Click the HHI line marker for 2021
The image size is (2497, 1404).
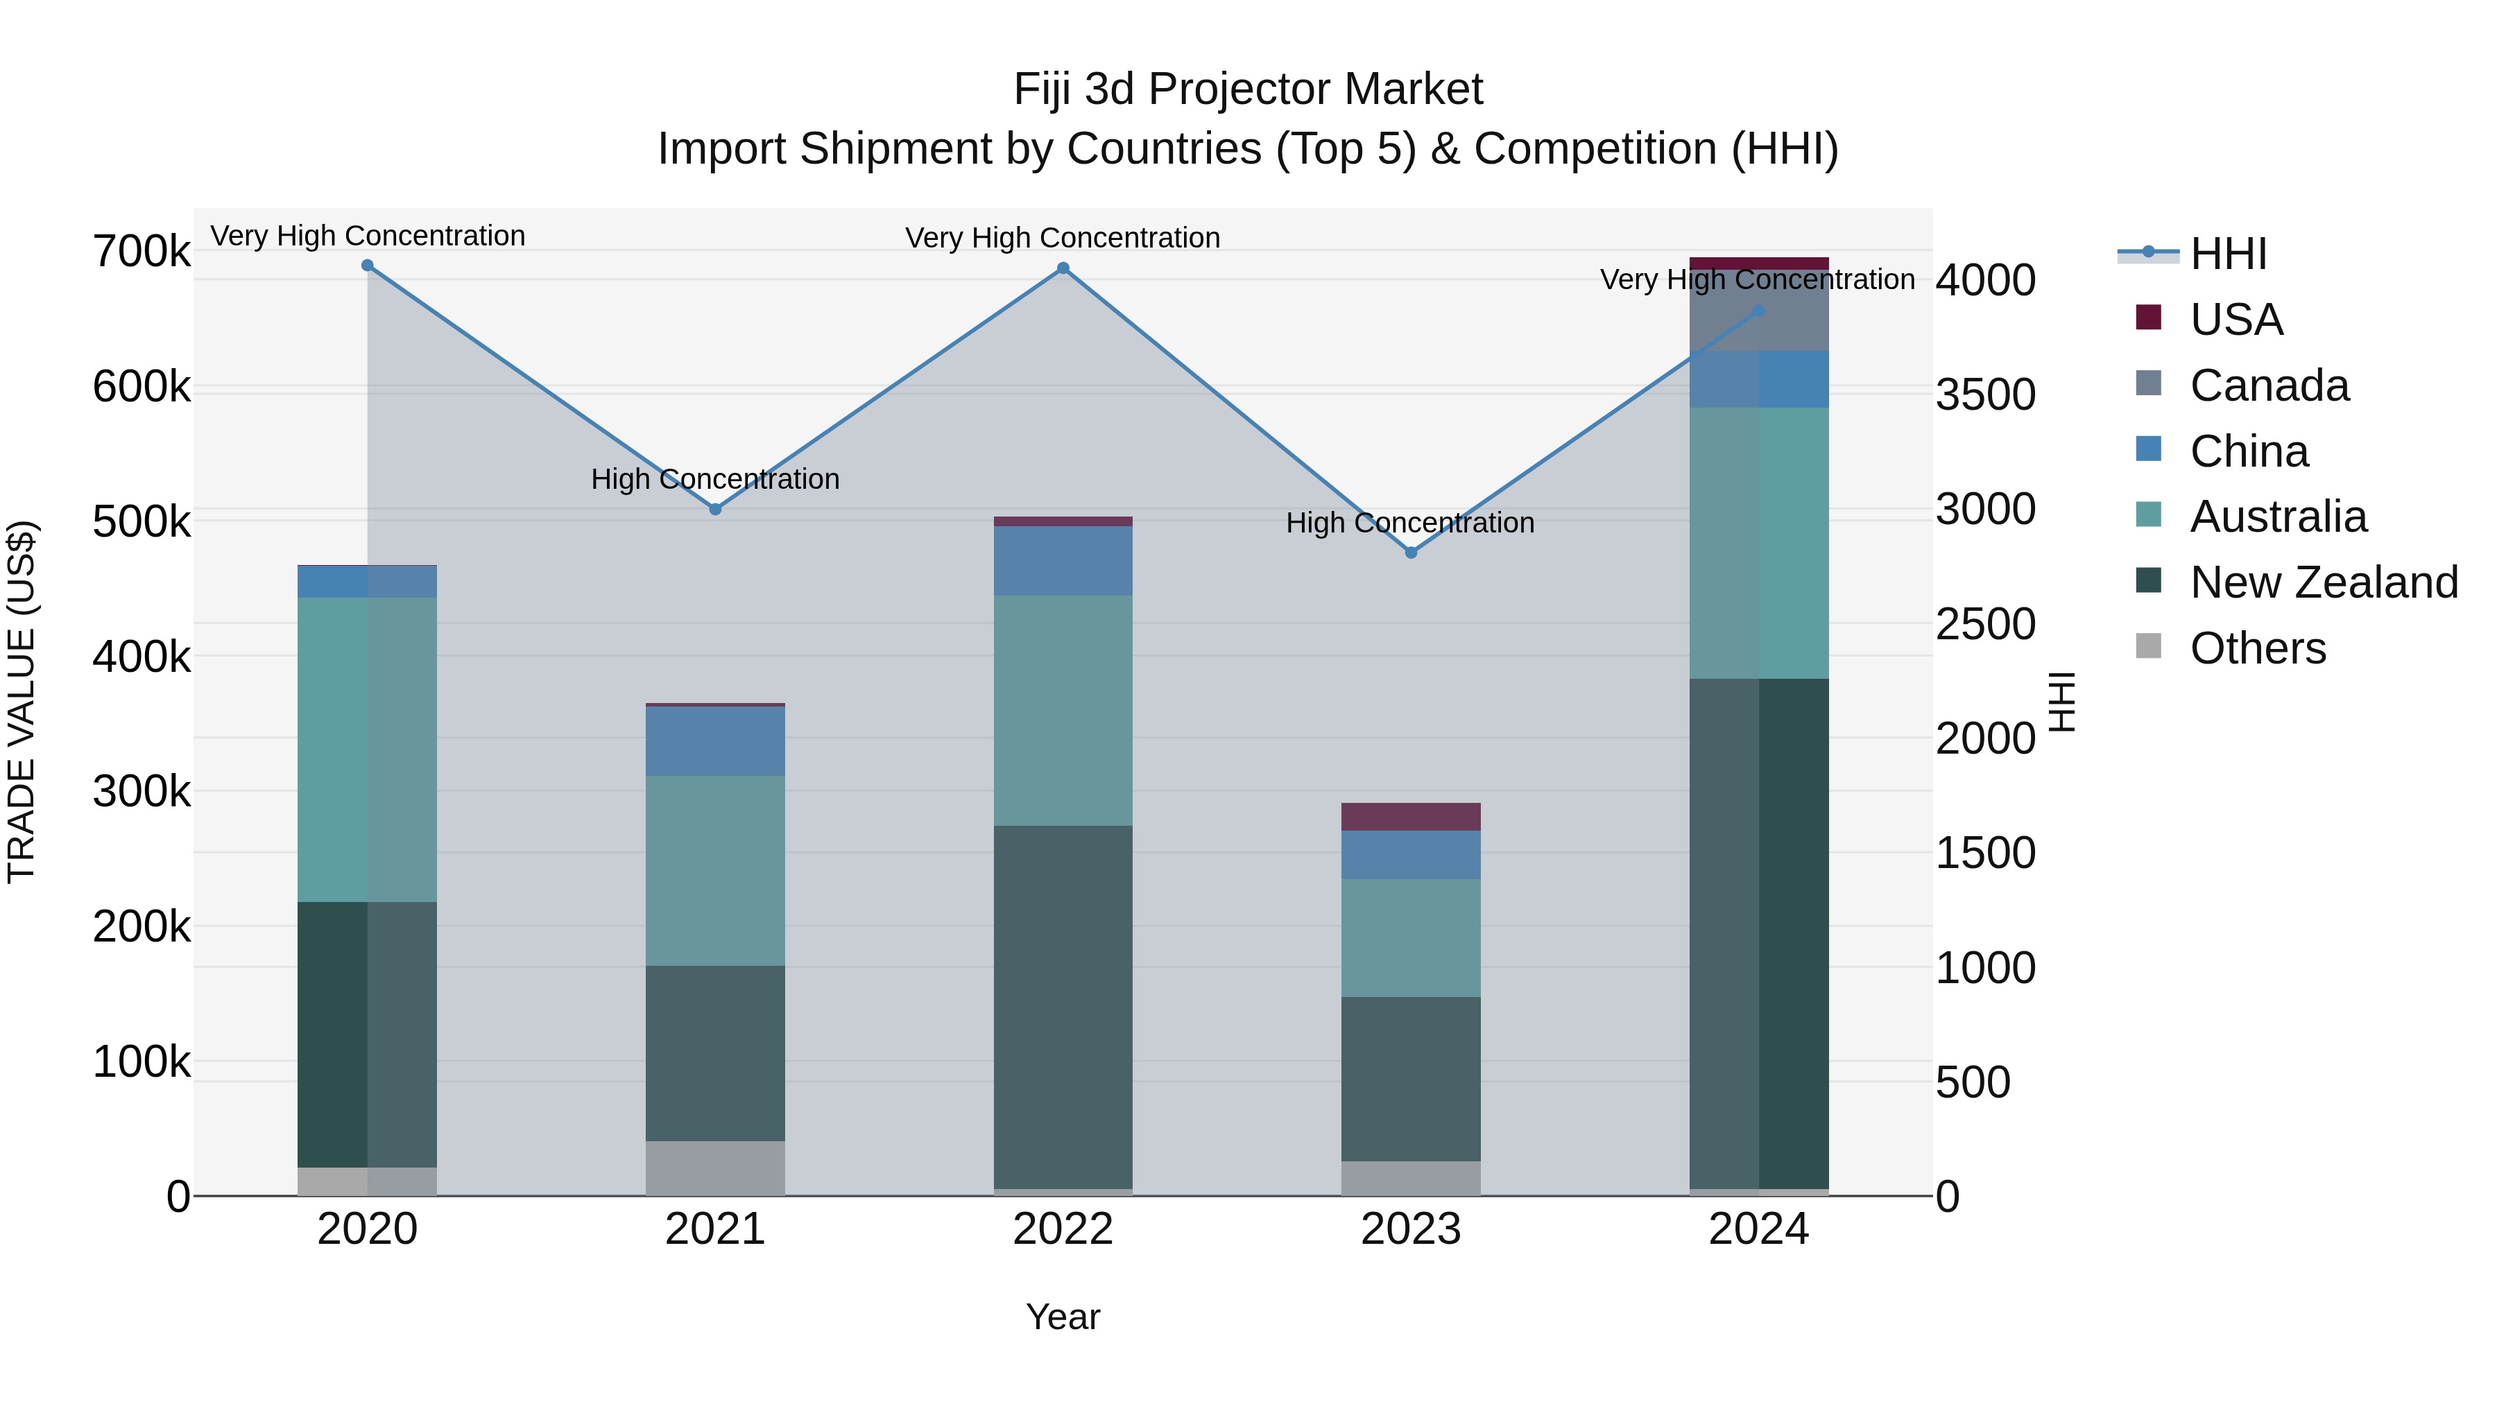point(715,509)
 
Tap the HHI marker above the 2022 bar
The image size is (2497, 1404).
point(1063,268)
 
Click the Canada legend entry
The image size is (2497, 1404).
point(2268,385)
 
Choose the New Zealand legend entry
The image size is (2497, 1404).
point(2322,582)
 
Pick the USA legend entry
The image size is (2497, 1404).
point(2236,320)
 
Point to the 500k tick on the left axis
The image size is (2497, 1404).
point(141,521)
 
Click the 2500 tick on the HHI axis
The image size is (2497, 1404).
point(1985,624)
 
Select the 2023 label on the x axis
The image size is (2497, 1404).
point(1410,1229)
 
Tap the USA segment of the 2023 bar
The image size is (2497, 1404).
point(1410,817)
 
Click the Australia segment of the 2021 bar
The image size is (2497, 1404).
point(715,870)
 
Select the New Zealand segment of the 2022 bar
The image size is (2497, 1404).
point(1063,1007)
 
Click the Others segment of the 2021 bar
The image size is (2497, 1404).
point(715,1168)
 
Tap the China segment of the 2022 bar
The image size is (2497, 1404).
point(1063,561)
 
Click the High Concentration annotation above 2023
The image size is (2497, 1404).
point(1409,523)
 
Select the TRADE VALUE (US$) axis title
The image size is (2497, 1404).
point(22,702)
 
